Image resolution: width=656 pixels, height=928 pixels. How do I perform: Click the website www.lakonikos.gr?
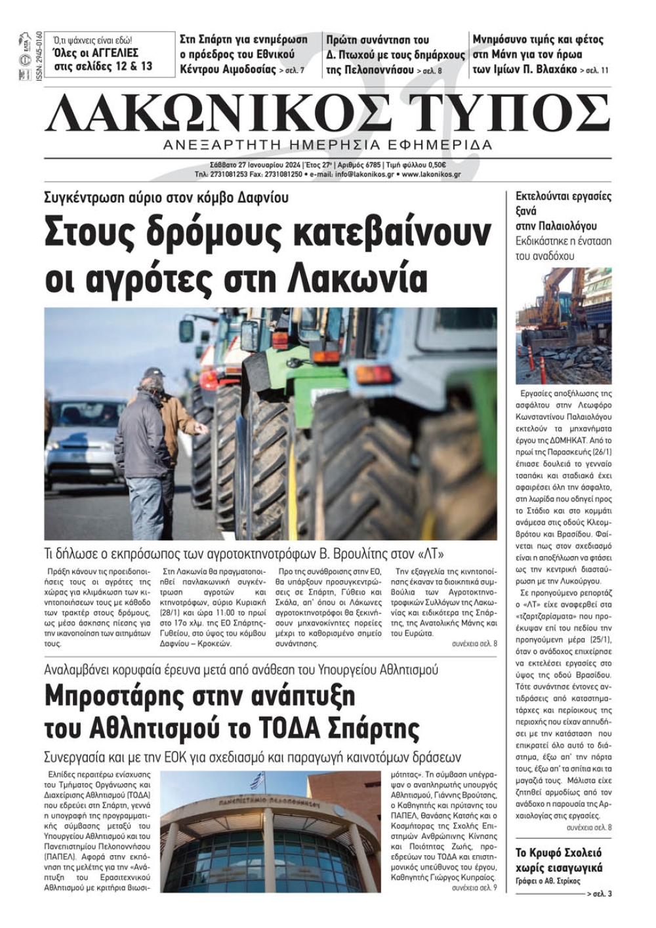coord(430,175)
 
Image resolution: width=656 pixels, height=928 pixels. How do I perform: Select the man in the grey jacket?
coord(142,446)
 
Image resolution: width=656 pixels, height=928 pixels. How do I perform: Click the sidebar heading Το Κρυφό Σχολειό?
coord(558,853)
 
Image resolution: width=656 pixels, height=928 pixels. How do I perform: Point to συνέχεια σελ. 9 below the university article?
coord(474,888)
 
